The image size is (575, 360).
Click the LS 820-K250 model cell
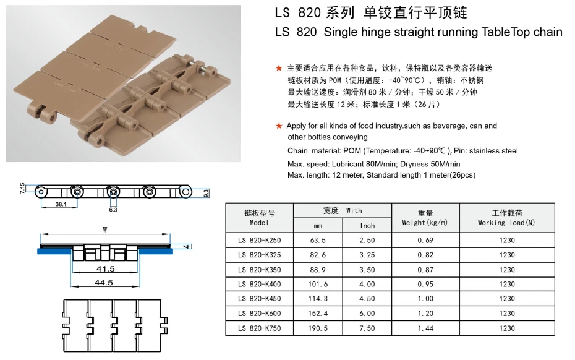[x=259, y=240]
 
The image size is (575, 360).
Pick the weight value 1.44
[x=425, y=328]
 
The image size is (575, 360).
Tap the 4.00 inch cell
[x=367, y=285]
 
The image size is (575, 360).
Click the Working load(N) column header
[x=506, y=218]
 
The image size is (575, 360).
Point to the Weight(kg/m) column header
[x=425, y=218]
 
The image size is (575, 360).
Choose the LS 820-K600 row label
[x=259, y=314]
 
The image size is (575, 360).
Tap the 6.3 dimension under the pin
[x=113, y=210]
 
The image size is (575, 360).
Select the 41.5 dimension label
[x=106, y=269]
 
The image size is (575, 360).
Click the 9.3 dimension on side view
[x=206, y=192]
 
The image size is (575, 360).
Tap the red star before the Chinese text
[x=279, y=68]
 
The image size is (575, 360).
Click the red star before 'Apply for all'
[x=279, y=126]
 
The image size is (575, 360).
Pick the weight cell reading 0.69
[x=425, y=240]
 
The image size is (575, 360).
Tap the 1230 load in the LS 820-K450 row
[x=506, y=299]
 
